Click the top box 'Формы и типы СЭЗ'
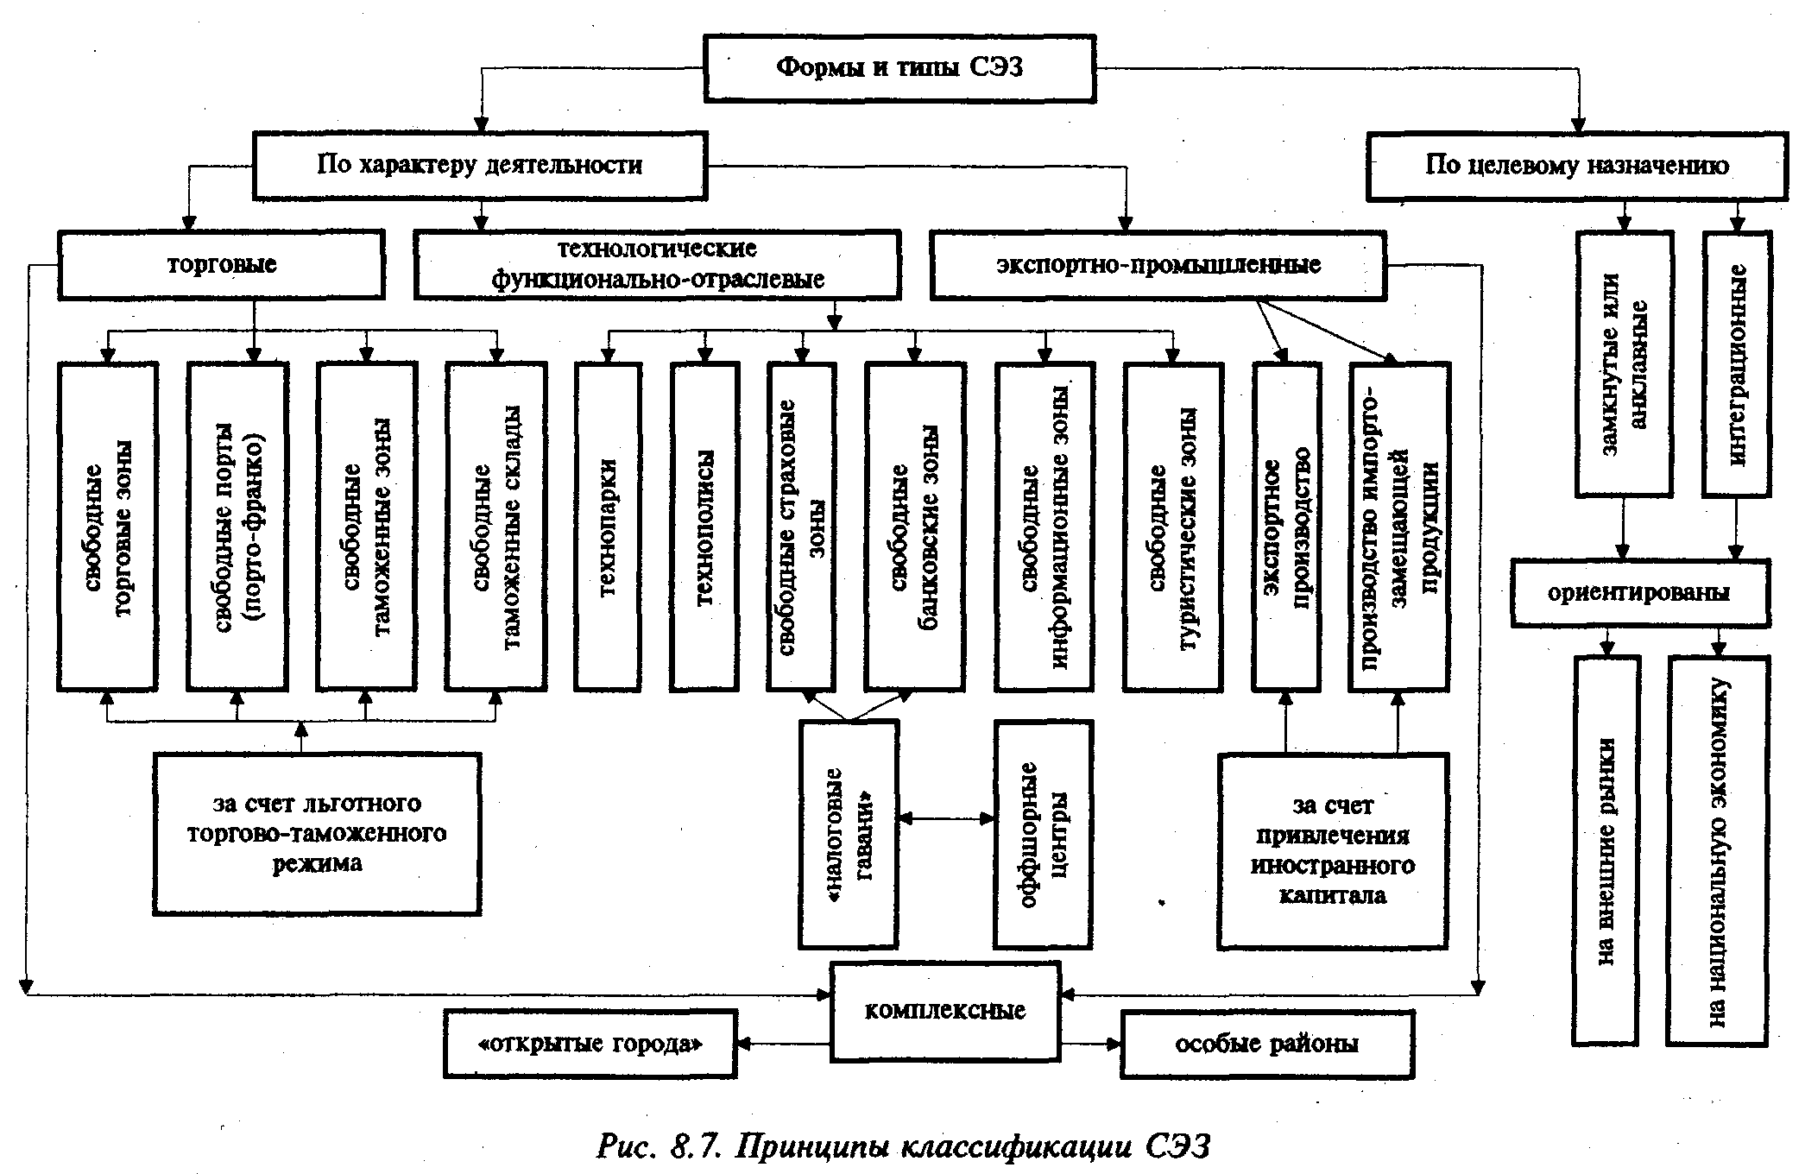coord(899,69)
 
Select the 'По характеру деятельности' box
coord(479,165)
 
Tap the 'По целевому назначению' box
coord(1576,165)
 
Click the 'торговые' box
coord(221,264)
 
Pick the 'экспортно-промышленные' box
coord(1158,264)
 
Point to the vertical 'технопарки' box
coord(608,527)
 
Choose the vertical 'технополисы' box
coord(704,527)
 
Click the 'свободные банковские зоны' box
coord(913,527)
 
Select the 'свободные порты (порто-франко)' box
coord(237,527)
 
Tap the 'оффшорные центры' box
coord(1043,834)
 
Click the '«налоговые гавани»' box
coord(849,834)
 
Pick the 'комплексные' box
coord(944,1011)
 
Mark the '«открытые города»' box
coord(590,1044)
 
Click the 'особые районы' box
coord(1266,1044)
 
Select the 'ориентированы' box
coord(1639,593)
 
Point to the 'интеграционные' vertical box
coord(1737,363)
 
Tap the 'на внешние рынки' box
coord(1606,850)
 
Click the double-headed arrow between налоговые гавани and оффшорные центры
coord(946,818)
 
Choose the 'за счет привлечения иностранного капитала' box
coord(1333,851)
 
